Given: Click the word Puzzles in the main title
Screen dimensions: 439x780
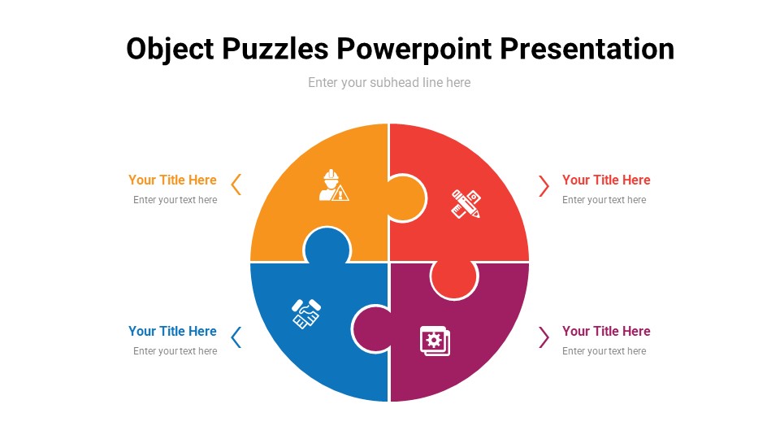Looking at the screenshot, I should (x=275, y=50).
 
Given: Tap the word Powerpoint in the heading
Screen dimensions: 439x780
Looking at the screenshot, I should (x=414, y=50).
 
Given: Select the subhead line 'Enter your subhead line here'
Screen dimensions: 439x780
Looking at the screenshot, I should (x=389, y=82).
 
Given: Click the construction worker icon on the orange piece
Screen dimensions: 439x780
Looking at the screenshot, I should (x=333, y=185).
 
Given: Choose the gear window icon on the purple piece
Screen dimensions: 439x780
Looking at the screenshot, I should (x=435, y=340).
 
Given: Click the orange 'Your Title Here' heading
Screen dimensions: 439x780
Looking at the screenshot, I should (x=172, y=180).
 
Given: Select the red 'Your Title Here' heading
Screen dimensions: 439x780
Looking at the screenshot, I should (x=606, y=180).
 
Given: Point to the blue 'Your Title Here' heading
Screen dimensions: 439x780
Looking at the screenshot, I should (x=172, y=331).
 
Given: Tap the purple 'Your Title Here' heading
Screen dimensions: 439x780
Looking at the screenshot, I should (x=606, y=331).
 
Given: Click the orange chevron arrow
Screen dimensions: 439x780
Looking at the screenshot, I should (x=236, y=185).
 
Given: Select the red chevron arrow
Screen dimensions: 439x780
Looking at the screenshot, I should (x=544, y=185).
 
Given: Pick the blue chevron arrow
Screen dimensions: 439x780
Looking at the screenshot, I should (x=236, y=337).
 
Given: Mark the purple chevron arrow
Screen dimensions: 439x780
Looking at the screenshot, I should (x=544, y=337).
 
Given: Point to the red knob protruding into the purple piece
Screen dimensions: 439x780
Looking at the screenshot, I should (x=453, y=279).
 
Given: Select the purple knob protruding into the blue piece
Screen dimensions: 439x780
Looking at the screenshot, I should (x=371, y=329).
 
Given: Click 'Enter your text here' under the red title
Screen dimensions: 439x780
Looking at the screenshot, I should (x=604, y=200).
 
